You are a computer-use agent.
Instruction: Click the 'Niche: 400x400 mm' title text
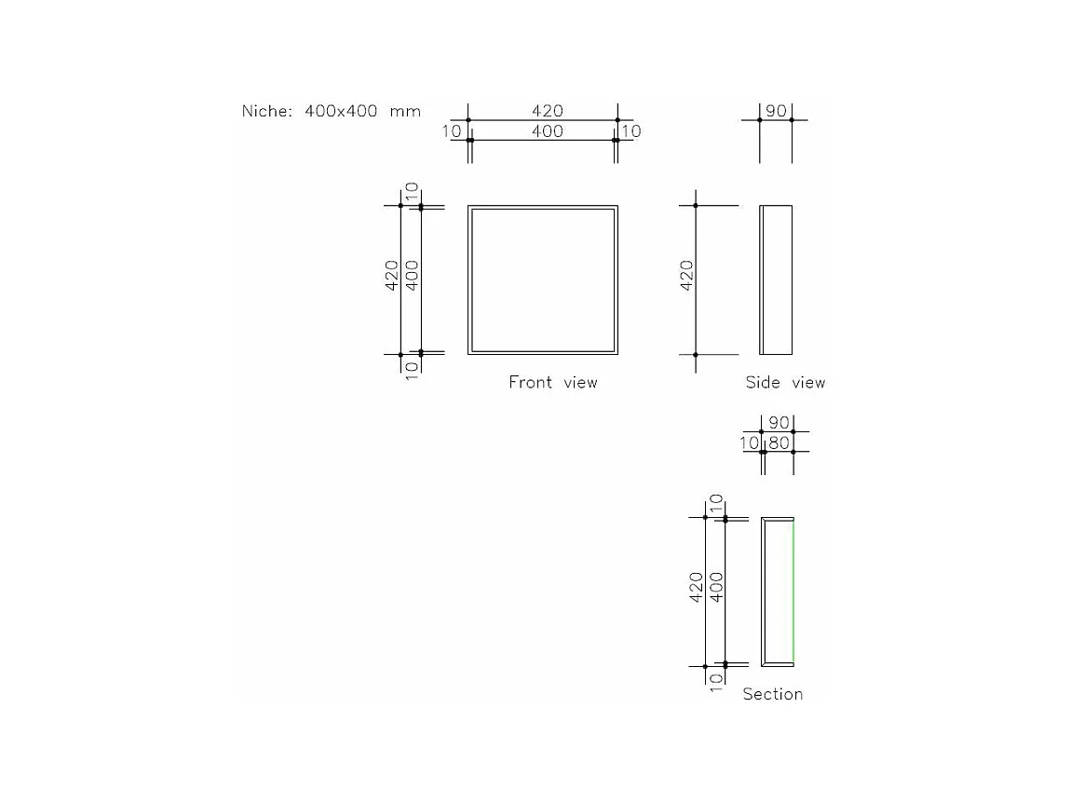tap(332, 111)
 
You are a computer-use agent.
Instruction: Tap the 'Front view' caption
tap(552, 382)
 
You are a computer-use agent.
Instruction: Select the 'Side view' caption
tap(785, 382)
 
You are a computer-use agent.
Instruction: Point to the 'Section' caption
tap(772, 694)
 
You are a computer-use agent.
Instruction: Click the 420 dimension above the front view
tap(547, 111)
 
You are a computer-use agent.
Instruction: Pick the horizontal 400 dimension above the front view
tap(547, 130)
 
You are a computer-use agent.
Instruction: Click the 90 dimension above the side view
tap(776, 111)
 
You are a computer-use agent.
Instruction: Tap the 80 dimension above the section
tap(779, 442)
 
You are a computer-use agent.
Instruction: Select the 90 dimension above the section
tap(779, 423)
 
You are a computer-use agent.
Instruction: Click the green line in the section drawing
tap(793, 592)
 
